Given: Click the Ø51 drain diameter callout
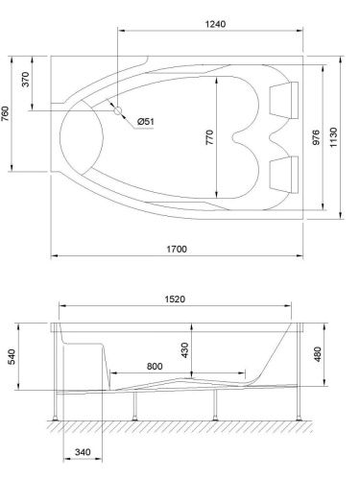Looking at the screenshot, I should click(x=145, y=121).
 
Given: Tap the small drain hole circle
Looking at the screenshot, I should click(x=118, y=111).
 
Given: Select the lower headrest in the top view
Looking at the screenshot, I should click(x=284, y=172).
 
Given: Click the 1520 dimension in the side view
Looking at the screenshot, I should click(x=173, y=299).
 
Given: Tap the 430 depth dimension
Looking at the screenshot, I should click(x=183, y=351).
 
